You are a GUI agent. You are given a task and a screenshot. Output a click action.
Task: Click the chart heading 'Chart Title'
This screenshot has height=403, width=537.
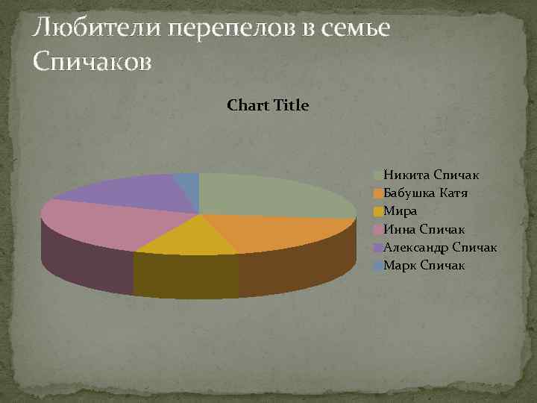point(267,105)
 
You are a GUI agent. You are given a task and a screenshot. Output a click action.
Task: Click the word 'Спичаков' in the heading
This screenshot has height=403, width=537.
point(92,63)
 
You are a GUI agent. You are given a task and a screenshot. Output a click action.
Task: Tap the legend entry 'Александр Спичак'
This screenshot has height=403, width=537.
point(440,247)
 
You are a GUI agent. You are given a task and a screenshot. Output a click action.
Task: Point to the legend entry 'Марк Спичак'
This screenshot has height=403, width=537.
point(424,265)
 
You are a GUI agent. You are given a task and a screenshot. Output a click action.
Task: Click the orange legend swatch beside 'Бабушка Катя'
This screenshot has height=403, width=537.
point(378,193)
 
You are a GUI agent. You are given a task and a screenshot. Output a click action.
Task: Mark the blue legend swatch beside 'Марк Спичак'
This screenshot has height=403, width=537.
point(378,265)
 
